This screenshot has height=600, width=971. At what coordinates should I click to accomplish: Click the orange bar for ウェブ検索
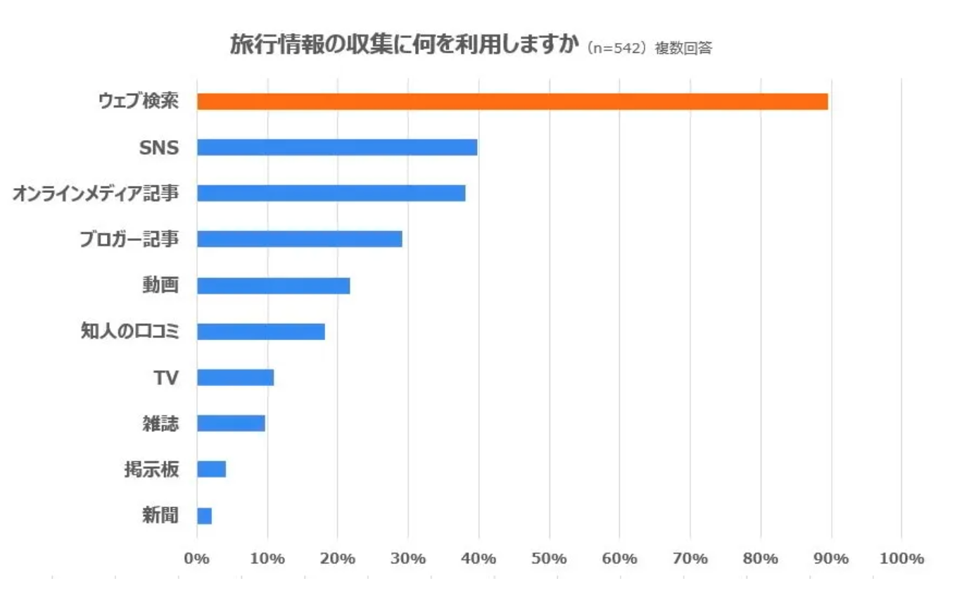pyautogui.click(x=512, y=101)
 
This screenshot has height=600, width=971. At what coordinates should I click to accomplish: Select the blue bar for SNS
pyautogui.click(x=337, y=147)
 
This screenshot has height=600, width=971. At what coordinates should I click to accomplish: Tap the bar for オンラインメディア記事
pyautogui.click(x=331, y=193)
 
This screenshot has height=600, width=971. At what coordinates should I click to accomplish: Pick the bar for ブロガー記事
pyautogui.click(x=299, y=239)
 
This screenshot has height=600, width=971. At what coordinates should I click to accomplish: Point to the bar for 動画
pyautogui.click(x=273, y=285)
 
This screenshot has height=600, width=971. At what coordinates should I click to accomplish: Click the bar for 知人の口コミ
pyautogui.click(x=260, y=331)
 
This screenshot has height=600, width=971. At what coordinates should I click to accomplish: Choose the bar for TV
pyautogui.click(x=235, y=377)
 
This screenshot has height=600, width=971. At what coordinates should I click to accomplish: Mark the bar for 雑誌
pyautogui.click(x=231, y=423)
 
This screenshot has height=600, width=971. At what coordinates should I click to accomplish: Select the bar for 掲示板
pyautogui.click(x=211, y=469)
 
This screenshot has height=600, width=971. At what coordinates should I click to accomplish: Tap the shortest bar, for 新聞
pyautogui.click(x=204, y=515)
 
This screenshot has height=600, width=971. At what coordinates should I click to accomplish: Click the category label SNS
pyautogui.click(x=160, y=148)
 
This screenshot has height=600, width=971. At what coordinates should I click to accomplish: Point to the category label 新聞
pyautogui.click(x=160, y=515)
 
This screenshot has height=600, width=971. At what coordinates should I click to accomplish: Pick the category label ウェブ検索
pyautogui.click(x=138, y=101)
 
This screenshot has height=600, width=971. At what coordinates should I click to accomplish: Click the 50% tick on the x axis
pyautogui.click(x=550, y=558)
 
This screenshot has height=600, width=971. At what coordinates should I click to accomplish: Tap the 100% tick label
pyautogui.click(x=901, y=558)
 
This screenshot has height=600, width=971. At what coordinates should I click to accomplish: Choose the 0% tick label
pyautogui.click(x=197, y=558)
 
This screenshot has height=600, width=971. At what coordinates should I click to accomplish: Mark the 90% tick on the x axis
pyautogui.click(x=831, y=558)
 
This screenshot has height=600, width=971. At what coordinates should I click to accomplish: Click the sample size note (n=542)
pyautogui.click(x=616, y=48)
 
